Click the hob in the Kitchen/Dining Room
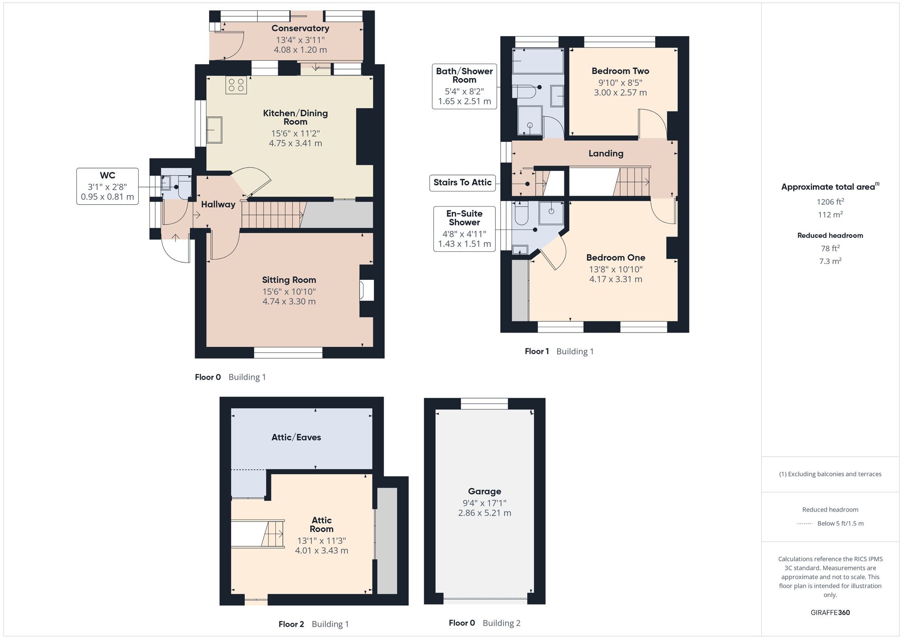pos(236,85)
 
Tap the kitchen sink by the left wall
pos(214,130)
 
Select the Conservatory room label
pos(300,28)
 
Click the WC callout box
pos(107,186)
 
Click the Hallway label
pos(218,204)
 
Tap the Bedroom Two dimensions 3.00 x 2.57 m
pos(620,93)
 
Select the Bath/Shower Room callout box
pos(464,86)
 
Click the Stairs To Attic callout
pos(462,183)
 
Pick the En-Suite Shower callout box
pos(464,229)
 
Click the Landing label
pos(605,153)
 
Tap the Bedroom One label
pos(615,258)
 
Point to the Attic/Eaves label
pos(296,437)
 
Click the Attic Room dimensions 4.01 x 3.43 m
pos(321,550)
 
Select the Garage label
pos(484,491)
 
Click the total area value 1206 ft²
pos(830,202)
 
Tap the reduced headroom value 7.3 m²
pos(830,261)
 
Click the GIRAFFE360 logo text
pos(830,613)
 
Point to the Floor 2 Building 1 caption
pos(313,624)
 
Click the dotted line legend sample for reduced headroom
pos(805,524)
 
